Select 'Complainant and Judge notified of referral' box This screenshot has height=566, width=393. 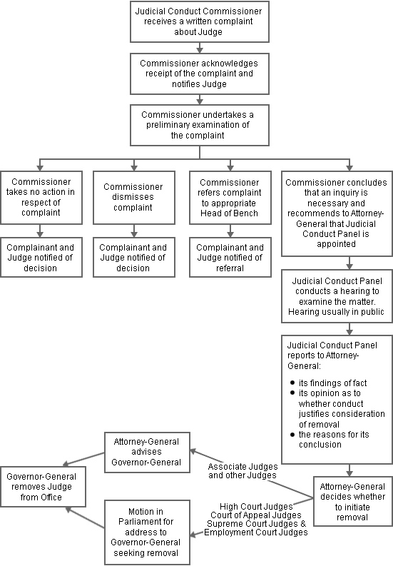(x=229, y=258)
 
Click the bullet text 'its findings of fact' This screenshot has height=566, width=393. (x=329, y=383)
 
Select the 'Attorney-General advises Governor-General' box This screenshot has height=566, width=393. (x=147, y=452)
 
